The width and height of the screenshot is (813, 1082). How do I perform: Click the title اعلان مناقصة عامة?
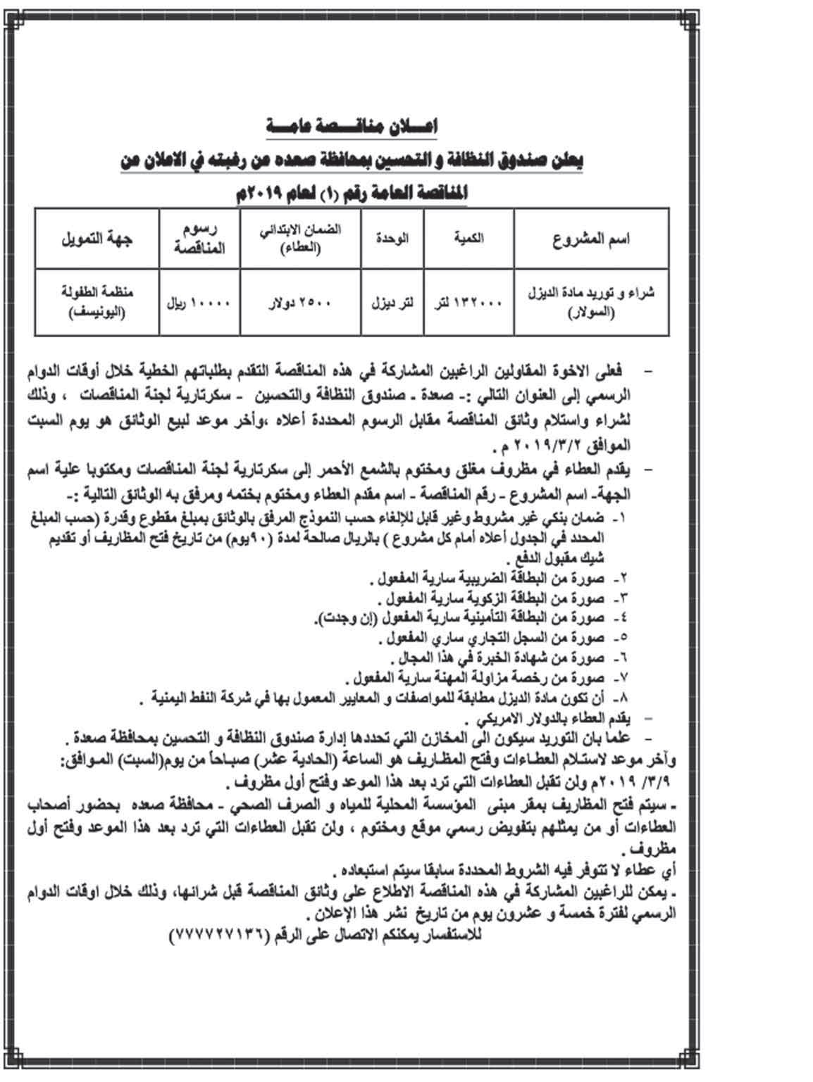(352, 127)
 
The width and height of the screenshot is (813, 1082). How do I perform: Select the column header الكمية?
(468, 238)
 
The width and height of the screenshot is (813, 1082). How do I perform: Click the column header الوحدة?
(392, 238)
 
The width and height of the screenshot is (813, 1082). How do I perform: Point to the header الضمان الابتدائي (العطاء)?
(302, 239)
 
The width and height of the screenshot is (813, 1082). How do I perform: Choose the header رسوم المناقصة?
(200, 239)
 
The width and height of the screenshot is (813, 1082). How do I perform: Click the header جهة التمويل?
(97, 239)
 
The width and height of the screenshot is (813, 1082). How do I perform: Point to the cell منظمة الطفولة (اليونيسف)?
(97, 302)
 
